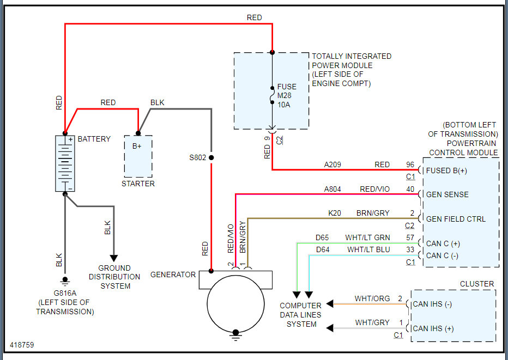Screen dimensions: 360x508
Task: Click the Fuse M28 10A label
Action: [x=287, y=96]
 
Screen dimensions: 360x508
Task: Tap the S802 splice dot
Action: [x=211, y=158]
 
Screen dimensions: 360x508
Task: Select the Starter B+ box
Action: [x=138, y=156]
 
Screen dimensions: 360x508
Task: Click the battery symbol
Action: [x=65, y=163]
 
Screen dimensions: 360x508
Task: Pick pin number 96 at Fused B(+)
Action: [x=410, y=164]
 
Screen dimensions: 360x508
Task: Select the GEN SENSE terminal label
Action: [x=447, y=194]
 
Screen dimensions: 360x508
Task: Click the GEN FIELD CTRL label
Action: [x=456, y=219]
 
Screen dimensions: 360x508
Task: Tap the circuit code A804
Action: [x=333, y=189]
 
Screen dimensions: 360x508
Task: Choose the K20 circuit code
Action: [x=335, y=213]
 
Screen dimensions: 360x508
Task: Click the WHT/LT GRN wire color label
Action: [x=367, y=237]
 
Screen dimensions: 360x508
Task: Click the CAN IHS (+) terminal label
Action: [x=441, y=328]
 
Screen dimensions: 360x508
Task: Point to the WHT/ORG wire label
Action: [x=372, y=298]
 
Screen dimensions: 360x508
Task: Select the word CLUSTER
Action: [x=477, y=284]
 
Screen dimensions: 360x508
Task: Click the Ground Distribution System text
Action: [x=114, y=277]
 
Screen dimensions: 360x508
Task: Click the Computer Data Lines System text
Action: [x=300, y=315]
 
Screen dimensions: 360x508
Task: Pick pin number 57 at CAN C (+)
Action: [x=410, y=237]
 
